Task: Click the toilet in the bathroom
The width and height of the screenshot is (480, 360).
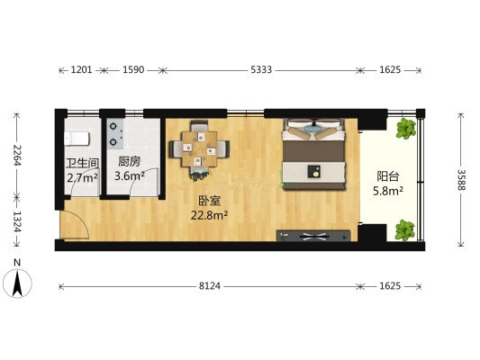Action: pyautogui.click(x=77, y=139)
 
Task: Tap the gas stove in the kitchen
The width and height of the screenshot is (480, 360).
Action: pyautogui.click(x=115, y=134)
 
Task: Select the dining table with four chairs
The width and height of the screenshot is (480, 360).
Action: pyautogui.click(x=199, y=149)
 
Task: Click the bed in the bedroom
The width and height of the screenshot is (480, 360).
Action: pyautogui.click(x=314, y=154)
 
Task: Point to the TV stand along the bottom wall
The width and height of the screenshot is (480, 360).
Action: pyautogui.click(x=313, y=236)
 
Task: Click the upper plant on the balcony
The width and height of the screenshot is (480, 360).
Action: pyautogui.click(x=406, y=129)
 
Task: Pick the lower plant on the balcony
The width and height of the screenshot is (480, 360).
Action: pyautogui.click(x=405, y=230)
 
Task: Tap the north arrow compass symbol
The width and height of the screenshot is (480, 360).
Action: pyautogui.click(x=17, y=281)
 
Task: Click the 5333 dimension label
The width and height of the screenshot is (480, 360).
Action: pyautogui.click(x=261, y=70)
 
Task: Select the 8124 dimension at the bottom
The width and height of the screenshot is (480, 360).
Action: pyautogui.click(x=210, y=286)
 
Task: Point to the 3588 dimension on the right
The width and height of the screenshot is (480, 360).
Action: pyautogui.click(x=462, y=179)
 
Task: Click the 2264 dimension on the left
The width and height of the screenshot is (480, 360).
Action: pyautogui.click(x=17, y=155)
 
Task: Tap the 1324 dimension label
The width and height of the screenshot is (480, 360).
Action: pyautogui.click(x=17, y=221)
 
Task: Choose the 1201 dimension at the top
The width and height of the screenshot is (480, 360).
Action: pyautogui.click(x=81, y=70)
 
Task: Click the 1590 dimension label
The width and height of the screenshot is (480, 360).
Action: pyautogui.click(x=133, y=70)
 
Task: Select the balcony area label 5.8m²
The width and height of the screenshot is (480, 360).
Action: pyautogui.click(x=388, y=191)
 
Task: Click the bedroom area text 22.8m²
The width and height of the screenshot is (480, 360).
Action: pyautogui.click(x=210, y=215)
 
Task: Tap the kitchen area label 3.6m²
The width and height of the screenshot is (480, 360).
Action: pyautogui.click(x=130, y=176)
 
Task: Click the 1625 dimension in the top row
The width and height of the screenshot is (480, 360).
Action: pyautogui.click(x=390, y=70)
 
